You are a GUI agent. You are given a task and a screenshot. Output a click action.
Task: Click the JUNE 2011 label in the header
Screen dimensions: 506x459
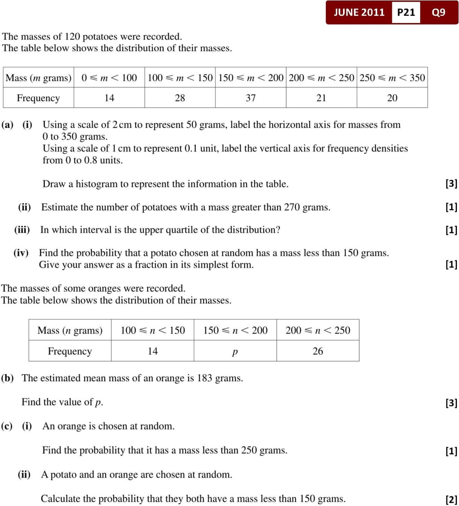click(359, 12)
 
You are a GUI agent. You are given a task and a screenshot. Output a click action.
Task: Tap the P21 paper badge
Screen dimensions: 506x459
click(406, 12)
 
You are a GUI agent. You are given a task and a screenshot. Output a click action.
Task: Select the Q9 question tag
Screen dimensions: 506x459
click(439, 12)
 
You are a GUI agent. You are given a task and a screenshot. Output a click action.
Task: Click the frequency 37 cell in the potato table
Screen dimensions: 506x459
click(250, 98)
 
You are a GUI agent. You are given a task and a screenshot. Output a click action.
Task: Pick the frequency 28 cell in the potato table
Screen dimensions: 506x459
click(180, 98)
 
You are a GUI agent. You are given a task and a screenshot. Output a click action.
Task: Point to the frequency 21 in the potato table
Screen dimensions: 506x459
click(321, 98)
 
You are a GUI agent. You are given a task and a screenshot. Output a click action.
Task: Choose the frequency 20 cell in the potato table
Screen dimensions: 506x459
click(392, 98)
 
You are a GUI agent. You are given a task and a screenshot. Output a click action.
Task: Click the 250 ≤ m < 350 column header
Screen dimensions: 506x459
click(392, 78)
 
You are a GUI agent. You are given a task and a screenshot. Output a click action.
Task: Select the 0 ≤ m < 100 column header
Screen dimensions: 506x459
click(109, 78)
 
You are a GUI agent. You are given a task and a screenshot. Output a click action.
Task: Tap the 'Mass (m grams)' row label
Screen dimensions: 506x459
click(38, 78)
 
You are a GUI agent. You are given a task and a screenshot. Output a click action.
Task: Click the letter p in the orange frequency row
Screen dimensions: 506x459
click(235, 352)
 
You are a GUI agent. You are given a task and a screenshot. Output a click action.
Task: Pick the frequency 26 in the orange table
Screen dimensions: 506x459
click(318, 351)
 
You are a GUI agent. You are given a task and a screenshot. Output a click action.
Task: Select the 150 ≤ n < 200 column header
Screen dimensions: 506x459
click(235, 330)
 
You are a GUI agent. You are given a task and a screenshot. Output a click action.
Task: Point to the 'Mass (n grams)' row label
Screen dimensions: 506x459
click(70, 330)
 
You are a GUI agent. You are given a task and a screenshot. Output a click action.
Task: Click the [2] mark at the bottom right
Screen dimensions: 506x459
click(451, 499)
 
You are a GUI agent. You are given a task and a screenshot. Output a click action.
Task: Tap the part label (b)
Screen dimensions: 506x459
click(8, 378)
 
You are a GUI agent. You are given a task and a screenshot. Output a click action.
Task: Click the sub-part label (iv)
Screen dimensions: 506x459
click(21, 253)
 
